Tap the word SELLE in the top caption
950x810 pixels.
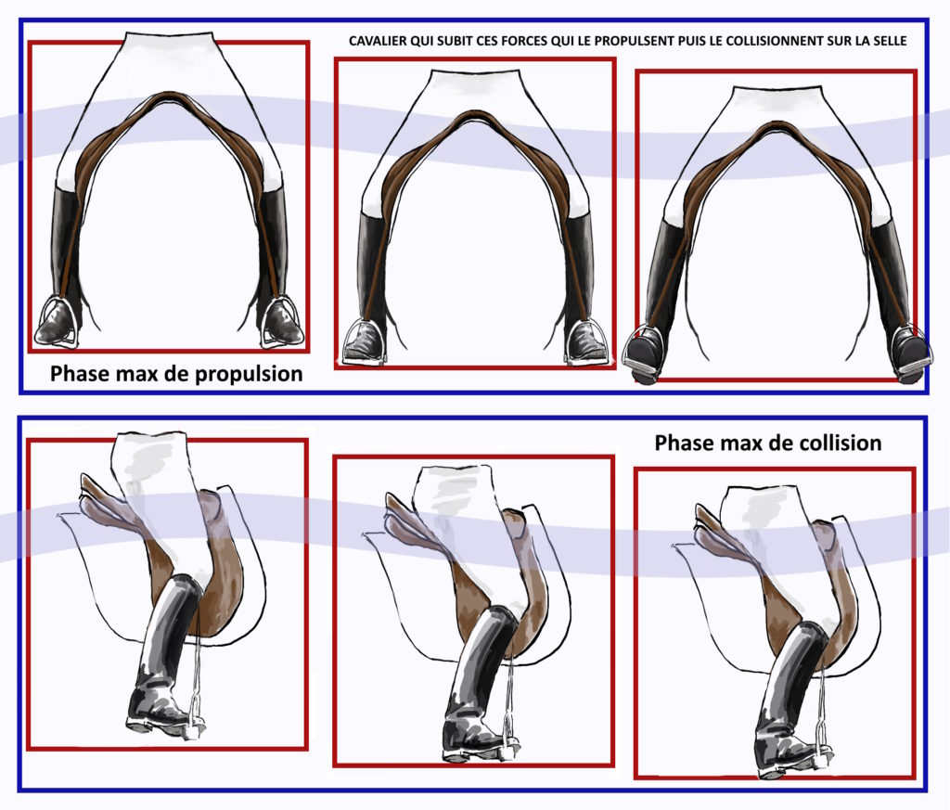pos(890,41)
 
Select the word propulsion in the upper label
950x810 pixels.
pos(249,375)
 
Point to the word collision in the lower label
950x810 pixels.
pos(841,443)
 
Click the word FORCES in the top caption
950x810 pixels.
pos(523,41)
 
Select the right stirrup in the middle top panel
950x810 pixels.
pos(586,341)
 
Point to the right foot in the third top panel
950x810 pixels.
pos(910,355)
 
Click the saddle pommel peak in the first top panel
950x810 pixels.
pos(169,95)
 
